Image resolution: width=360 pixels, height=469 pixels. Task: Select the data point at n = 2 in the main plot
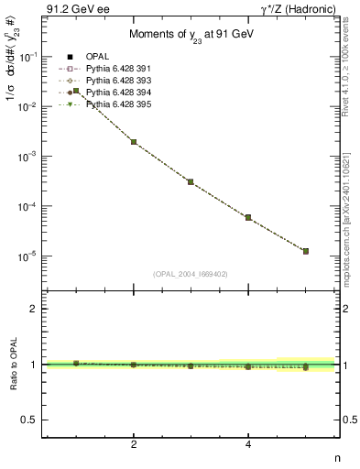[x=134, y=142]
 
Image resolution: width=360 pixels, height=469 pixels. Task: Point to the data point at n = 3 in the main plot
[x=191, y=181]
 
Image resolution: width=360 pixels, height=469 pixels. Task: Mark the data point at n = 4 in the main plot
[x=248, y=217]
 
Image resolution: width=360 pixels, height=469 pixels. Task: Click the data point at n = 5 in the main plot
[x=306, y=251]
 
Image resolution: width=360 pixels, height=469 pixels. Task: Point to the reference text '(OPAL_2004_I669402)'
[x=189, y=273]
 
